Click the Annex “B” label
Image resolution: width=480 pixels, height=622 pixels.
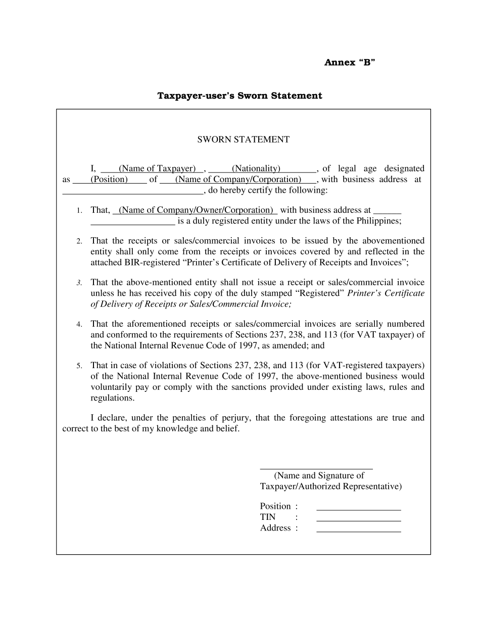coord(349,63)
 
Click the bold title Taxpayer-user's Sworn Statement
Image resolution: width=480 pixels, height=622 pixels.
coord(239,96)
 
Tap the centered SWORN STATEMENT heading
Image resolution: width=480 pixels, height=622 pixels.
coord(243,140)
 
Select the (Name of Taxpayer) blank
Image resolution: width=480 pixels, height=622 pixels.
coord(157,169)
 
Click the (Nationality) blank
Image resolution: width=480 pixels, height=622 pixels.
coord(256,169)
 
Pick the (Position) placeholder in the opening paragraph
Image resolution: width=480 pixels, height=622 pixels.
coord(109,180)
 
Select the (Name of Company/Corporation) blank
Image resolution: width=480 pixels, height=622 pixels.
coord(238,180)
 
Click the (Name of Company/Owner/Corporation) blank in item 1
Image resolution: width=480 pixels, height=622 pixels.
coord(196,210)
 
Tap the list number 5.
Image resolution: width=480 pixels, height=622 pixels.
coord(79,366)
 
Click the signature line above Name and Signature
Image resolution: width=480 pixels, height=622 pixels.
coord(316,469)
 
